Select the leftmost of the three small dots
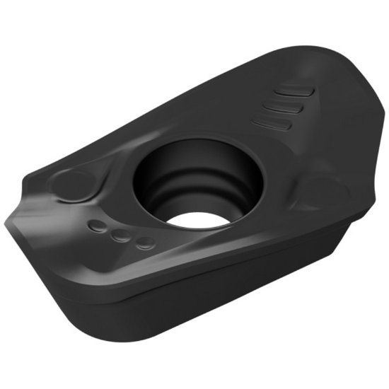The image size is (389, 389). click(x=97, y=226)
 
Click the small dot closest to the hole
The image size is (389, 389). click(x=146, y=243)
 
